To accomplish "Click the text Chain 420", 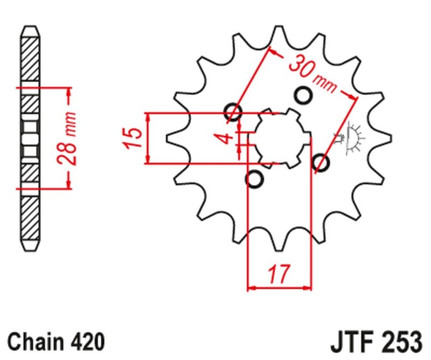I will pyautogui.click(x=56, y=342).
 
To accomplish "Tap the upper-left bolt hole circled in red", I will pyautogui.click(x=234, y=112).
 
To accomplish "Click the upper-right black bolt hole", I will pyautogui.click(x=304, y=95).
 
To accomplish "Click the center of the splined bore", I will pyautogui.click(x=279, y=137).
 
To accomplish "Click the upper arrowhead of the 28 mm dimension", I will pyautogui.click(x=68, y=93).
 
